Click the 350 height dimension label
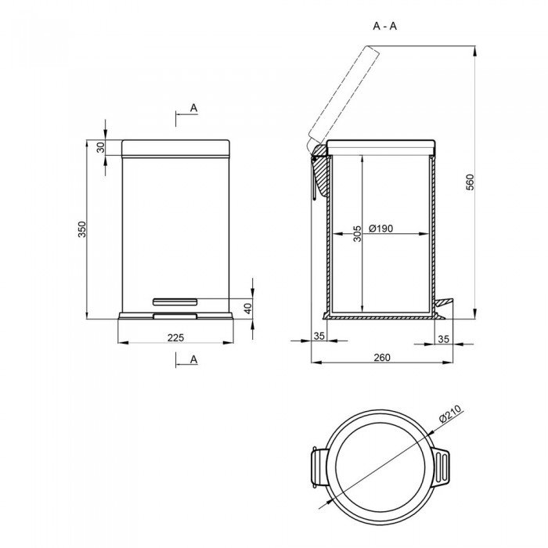click(x=81, y=229)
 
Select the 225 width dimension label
click(x=175, y=337)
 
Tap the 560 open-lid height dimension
click(x=470, y=182)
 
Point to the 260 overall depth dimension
click(x=382, y=358)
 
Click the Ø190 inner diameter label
click(x=381, y=229)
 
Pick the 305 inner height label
click(x=357, y=233)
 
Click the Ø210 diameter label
click(x=450, y=413)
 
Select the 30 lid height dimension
click(x=101, y=147)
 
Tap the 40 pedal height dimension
click(x=247, y=308)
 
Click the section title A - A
click(x=385, y=26)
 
